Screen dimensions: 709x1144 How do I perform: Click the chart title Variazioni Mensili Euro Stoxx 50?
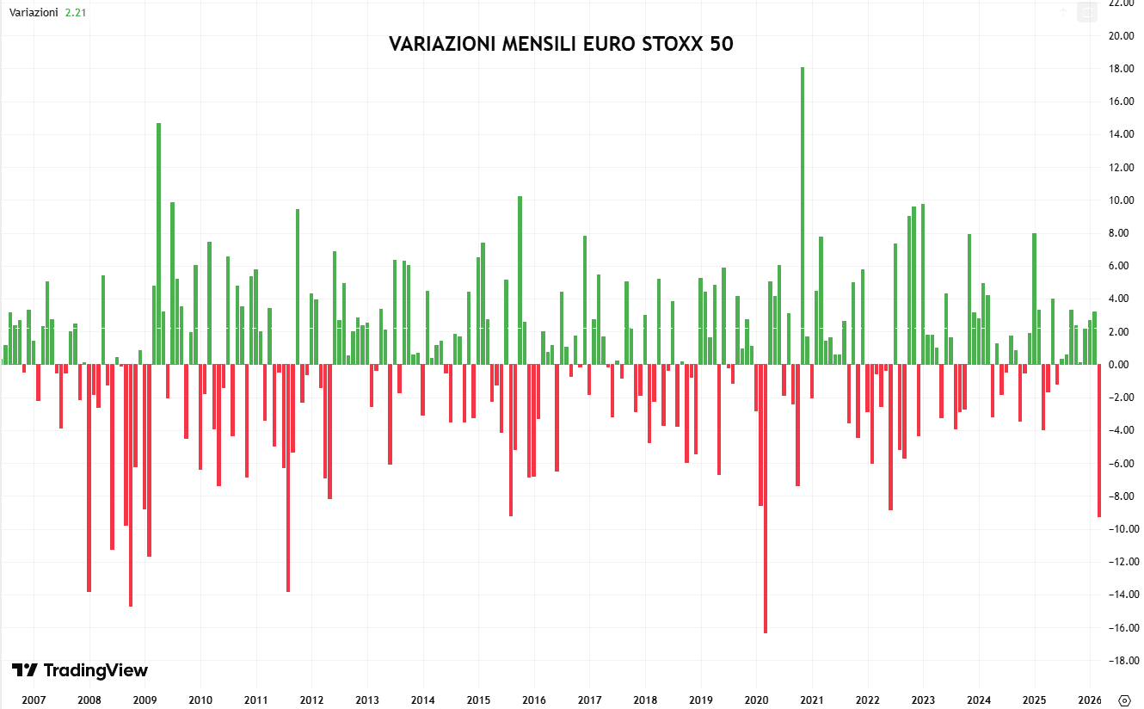coord(561,44)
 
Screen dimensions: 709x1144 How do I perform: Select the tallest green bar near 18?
coord(803,215)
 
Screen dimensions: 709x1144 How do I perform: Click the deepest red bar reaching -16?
coord(765,499)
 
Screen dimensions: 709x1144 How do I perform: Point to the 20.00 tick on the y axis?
coord(1121,36)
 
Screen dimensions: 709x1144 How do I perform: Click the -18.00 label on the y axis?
coord(1119,661)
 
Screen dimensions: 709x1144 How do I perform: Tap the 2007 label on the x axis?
coord(34,700)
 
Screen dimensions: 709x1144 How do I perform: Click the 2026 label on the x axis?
coord(1089,700)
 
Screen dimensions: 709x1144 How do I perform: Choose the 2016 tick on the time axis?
coord(534,700)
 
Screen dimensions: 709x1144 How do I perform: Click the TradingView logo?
coord(80,670)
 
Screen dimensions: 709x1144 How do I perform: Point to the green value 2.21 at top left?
coord(76,13)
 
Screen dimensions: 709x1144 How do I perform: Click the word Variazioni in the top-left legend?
coord(34,13)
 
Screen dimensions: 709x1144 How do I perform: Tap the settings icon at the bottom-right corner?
coord(1124,699)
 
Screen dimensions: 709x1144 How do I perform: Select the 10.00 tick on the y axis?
coord(1121,200)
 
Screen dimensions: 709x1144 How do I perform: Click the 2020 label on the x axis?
coord(756,700)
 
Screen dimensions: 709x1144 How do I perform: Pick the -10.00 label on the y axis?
coord(1119,529)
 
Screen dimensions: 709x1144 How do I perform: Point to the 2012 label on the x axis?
coord(311,700)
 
